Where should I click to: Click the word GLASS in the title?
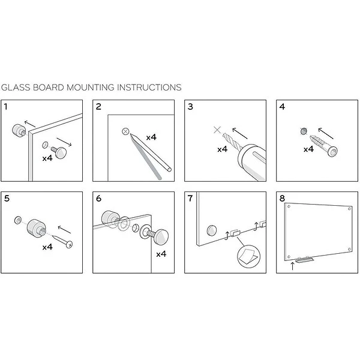[16, 88]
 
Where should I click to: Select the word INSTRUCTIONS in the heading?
[149, 88]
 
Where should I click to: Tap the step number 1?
[6, 107]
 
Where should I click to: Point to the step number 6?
[98, 199]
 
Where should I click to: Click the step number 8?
[282, 199]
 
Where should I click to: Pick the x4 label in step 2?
[151, 137]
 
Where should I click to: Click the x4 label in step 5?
[47, 247]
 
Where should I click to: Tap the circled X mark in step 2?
[125, 131]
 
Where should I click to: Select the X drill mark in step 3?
[217, 130]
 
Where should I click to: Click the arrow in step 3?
[240, 133]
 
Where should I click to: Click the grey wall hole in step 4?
[304, 131]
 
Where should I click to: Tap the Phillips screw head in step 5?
[70, 245]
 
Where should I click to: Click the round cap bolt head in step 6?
[161, 237]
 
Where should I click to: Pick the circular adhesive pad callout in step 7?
[248, 256]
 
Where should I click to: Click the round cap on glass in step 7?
[212, 230]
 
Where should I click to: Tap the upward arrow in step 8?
[292, 266]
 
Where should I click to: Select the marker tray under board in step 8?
[304, 260]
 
